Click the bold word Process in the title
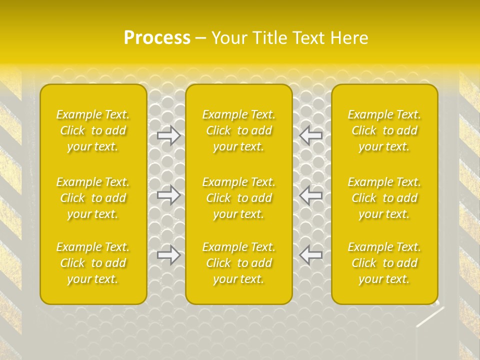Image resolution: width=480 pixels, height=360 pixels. pos(157,38)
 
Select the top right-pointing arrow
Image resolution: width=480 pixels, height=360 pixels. pos(169,135)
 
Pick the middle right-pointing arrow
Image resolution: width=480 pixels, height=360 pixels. pos(169,195)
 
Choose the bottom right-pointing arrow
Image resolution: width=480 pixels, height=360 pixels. pos(169,255)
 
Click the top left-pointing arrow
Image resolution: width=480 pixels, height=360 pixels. pos(310,135)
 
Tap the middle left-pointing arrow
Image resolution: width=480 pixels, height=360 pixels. pos(310,195)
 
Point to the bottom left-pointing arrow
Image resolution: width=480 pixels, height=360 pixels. pos(310,255)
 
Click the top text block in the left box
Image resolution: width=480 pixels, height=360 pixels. pos(93,130)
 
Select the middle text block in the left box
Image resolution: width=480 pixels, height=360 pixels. pos(93,198)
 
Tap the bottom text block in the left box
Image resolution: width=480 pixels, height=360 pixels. pos(93,263)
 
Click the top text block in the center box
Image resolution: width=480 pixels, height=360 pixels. pos(239,130)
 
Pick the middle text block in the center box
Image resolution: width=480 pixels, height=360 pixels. pos(239,198)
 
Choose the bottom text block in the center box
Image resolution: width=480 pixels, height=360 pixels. pos(239,263)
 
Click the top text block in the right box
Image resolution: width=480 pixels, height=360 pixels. pos(384,130)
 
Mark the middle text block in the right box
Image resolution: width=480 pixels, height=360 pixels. pos(384,198)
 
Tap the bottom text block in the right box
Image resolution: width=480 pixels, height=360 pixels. pos(384,263)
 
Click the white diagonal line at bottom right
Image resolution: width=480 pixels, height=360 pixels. pos(430,317)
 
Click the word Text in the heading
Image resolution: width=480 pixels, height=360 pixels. pos(311,38)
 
